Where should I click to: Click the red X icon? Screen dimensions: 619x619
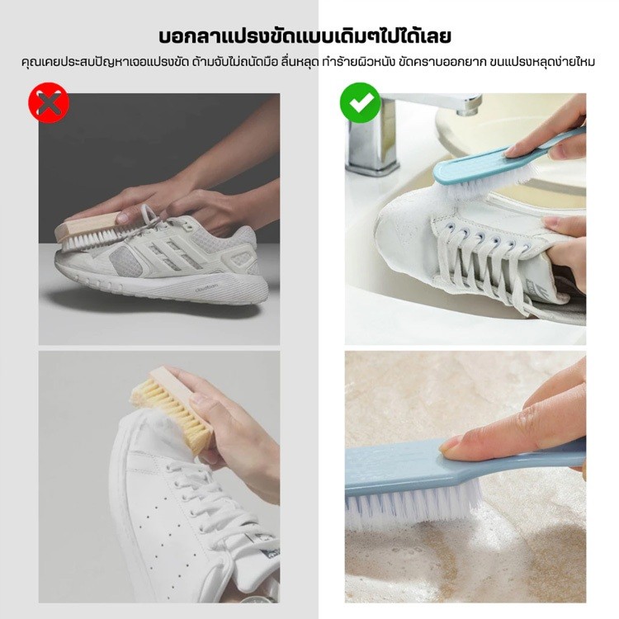click(x=49, y=102)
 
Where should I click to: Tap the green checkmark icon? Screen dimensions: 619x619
click(x=360, y=102)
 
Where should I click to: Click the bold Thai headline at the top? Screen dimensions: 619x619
click(x=305, y=36)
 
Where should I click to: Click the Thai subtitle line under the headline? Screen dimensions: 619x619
click(x=308, y=63)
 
